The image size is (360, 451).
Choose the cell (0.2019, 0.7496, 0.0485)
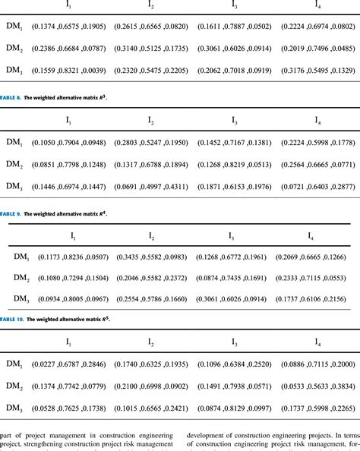pyautogui.click(x=317, y=48)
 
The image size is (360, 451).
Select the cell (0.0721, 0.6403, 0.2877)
pyautogui.click(x=317, y=186)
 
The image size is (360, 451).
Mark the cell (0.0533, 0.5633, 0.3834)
pyautogui.click(x=317, y=386)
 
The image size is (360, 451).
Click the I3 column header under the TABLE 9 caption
pyautogui.click(x=233, y=236)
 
